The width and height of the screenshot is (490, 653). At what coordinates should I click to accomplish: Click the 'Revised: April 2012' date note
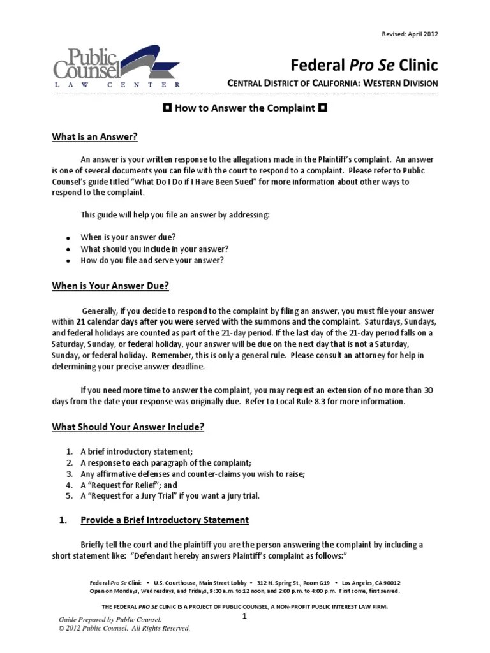pos(410,34)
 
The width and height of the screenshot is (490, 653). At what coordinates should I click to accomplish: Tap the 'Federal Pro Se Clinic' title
pos(364,64)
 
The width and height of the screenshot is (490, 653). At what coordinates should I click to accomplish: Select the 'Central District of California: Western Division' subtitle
pos(333,83)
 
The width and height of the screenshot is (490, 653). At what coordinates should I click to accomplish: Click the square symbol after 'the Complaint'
pos(323,108)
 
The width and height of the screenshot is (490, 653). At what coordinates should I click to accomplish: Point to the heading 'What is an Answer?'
pos(94,136)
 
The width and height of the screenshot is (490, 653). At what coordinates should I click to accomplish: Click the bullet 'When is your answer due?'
pos(128,237)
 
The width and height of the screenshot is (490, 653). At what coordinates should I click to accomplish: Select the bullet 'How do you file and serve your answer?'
pos(152,260)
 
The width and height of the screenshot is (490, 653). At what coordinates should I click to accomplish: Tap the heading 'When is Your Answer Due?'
pos(110,286)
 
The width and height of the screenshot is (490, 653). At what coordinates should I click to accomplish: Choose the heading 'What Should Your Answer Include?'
pos(128,427)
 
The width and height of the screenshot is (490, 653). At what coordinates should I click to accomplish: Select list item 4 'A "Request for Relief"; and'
pos(128,485)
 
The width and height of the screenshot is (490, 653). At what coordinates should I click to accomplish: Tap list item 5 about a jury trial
pos(170,495)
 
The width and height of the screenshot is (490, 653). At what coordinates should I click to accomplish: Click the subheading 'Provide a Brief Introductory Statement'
pos(165,520)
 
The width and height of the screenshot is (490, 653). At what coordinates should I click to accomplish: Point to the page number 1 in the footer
pos(244,617)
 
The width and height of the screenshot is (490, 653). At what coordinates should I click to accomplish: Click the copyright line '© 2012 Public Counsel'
pos(124,628)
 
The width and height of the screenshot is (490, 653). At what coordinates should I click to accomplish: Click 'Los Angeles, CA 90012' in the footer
pos(371,583)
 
